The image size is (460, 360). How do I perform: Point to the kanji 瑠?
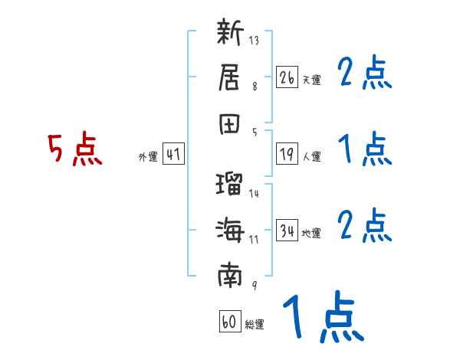(x=230, y=185)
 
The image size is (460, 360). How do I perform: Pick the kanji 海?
(x=230, y=229)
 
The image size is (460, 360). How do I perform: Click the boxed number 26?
(x=287, y=77)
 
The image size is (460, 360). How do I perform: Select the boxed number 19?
(x=287, y=155)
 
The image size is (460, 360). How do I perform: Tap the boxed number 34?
(x=287, y=231)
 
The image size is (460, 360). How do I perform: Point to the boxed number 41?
(x=173, y=154)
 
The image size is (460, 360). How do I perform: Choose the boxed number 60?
(x=229, y=322)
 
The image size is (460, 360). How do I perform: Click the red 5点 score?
(x=75, y=149)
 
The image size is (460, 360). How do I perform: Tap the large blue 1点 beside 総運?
(x=322, y=318)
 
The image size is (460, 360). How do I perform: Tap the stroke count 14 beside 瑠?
(x=254, y=193)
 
